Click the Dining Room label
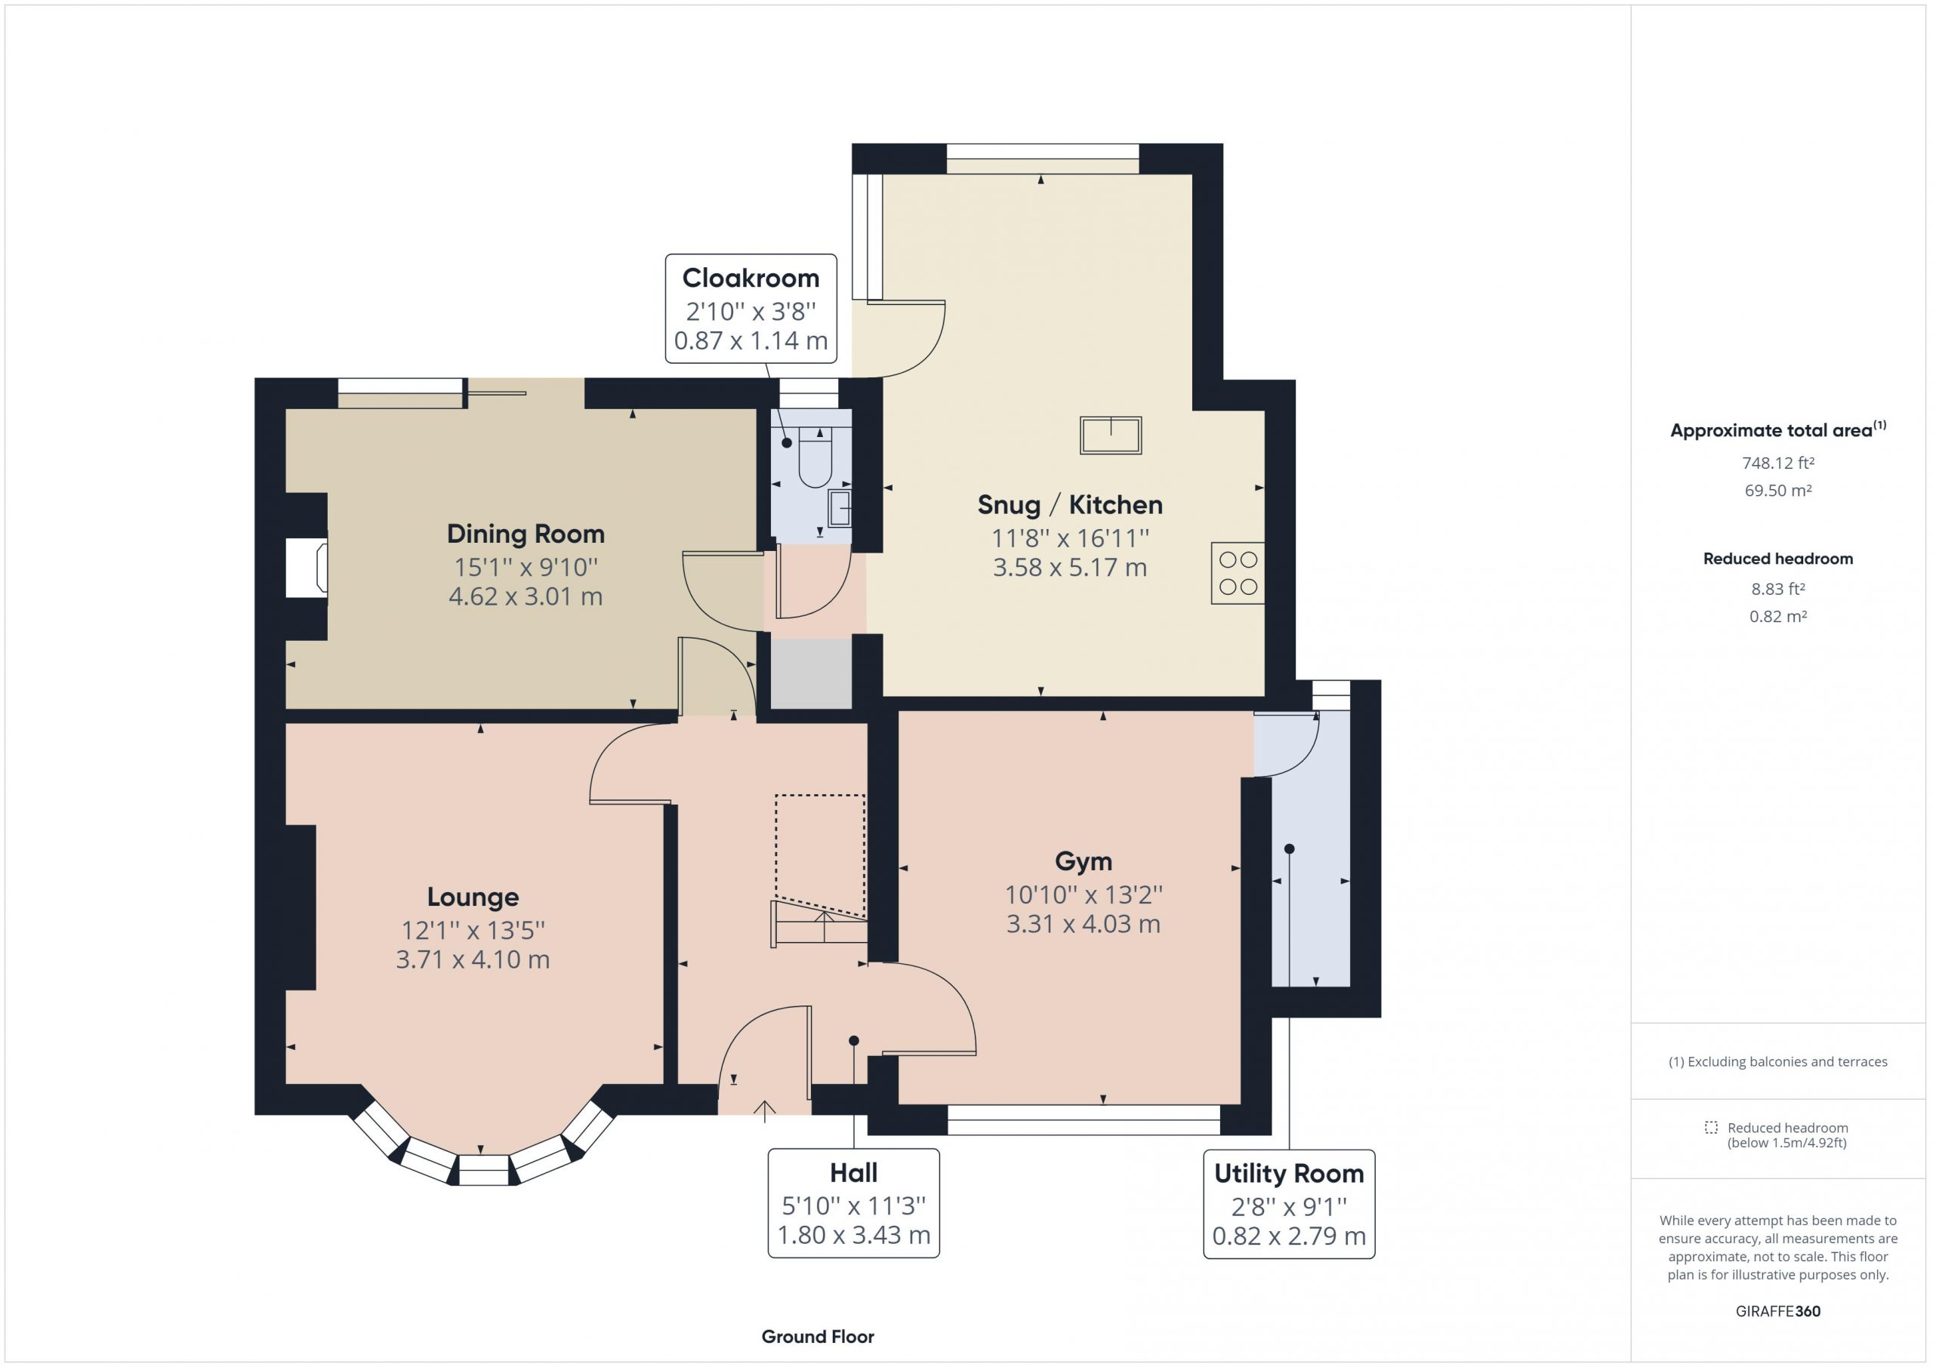pos(526,534)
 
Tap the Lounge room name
pos(473,897)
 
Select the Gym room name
pos(1084,861)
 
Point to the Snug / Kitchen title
pos(1070,504)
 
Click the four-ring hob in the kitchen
pos(1238,573)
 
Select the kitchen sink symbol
pos(1111,436)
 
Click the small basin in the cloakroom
pos(840,507)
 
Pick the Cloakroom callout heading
pos(750,278)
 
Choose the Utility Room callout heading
pos(1289,1174)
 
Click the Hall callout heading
pos(854,1172)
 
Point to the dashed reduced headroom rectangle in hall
pos(821,855)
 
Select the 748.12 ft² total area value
pos(1778,463)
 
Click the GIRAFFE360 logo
pos(1778,1311)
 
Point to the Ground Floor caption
pos(818,1337)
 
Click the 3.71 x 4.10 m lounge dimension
pos(473,959)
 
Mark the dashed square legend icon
pos(1711,1127)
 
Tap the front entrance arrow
pos(764,1111)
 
